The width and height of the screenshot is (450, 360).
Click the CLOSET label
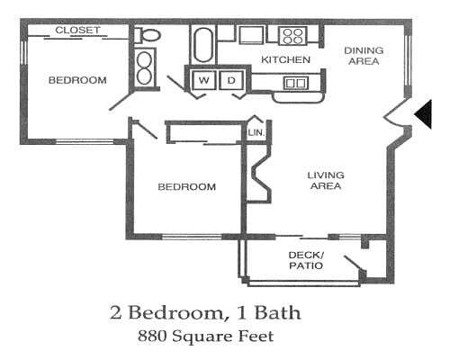click(x=77, y=31)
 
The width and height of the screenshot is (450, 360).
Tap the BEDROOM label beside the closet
click(x=76, y=80)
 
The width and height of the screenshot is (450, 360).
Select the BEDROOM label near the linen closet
click(x=186, y=187)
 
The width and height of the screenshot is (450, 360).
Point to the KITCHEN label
click(x=285, y=60)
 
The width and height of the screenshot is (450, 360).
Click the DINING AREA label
click(x=363, y=56)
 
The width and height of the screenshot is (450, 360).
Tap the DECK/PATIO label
click(x=306, y=260)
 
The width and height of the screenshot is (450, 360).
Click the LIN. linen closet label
click(x=256, y=133)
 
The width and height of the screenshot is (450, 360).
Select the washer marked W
click(x=204, y=81)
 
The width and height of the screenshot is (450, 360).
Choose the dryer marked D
click(x=230, y=81)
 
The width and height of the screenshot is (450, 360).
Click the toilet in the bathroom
click(x=148, y=36)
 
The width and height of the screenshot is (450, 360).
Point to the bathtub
click(x=202, y=43)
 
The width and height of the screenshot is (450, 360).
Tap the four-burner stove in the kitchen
click(x=292, y=36)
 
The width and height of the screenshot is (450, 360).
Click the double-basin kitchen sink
click(x=295, y=83)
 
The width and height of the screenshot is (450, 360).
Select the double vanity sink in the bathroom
click(x=145, y=66)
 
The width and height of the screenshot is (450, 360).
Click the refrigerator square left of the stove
click(x=251, y=34)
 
